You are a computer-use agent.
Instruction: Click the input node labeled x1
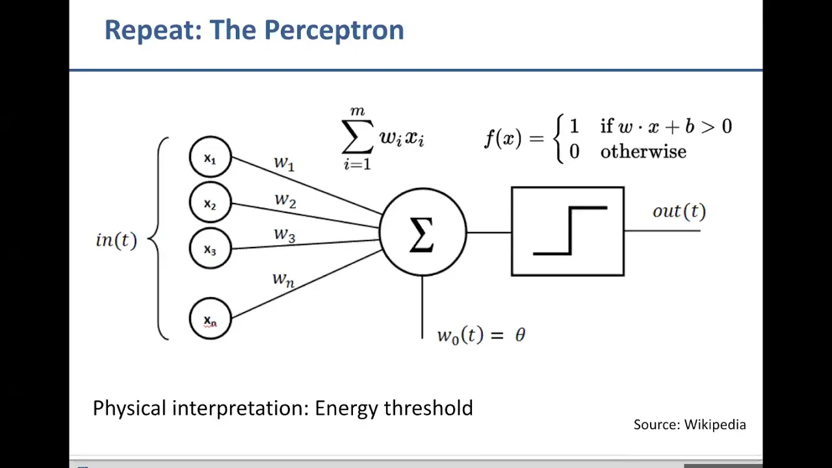tap(210, 157)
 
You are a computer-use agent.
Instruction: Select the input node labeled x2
tap(210, 202)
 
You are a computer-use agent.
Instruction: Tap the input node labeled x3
tap(210, 248)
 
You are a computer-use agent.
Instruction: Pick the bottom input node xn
tap(210, 318)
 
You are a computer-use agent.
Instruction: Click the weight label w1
tap(284, 162)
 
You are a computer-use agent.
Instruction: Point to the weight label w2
tap(285, 200)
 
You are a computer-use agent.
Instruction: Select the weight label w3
tap(285, 235)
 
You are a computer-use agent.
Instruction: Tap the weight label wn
tap(283, 279)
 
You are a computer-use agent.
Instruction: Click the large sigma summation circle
tap(422, 232)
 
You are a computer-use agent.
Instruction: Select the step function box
tap(567, 231)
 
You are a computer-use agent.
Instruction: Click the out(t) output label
tap(679, 211)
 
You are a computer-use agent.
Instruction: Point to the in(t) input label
tap(116, 240)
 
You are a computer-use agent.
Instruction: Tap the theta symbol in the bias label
tap(520, 335)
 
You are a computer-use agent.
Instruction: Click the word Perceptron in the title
tap(334, 30)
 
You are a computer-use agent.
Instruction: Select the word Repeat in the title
tap(153, 30)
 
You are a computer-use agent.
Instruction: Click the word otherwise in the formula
tap(643, 151)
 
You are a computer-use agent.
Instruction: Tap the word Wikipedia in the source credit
tap(715, 424)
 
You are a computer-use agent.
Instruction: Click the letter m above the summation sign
tap(357, 111)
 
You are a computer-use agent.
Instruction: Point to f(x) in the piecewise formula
tap(503, 138)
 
